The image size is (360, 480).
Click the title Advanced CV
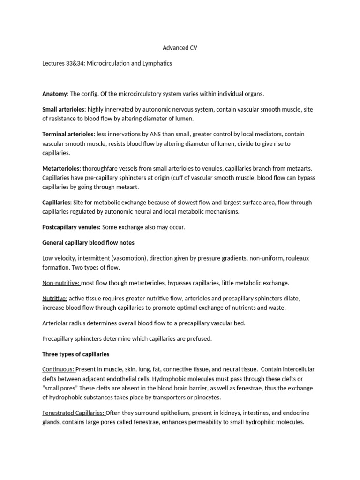[180, 47]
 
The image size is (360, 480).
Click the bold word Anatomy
[55, 94]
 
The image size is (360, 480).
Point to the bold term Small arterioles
[64, 109]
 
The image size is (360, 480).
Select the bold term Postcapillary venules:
[71, 227]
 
